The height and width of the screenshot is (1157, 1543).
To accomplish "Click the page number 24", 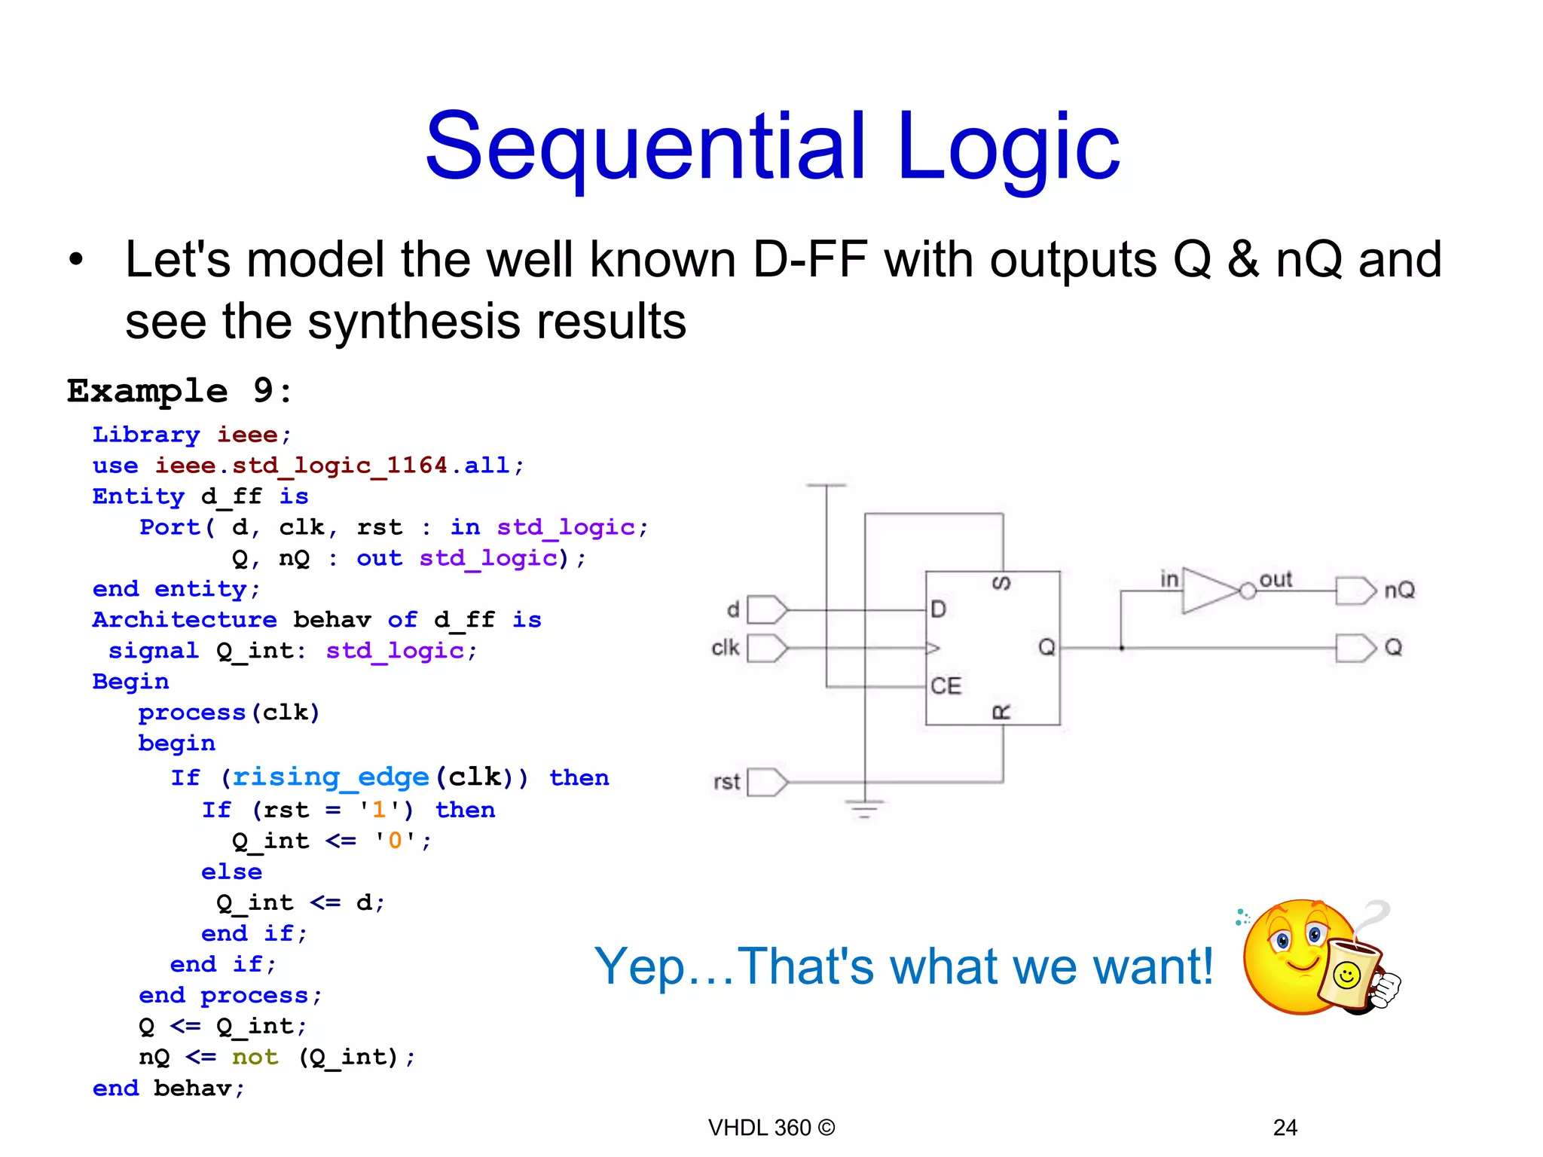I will [x=1285, y=1128].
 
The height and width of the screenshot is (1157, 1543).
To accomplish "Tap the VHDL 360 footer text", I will [x=771, y=1128].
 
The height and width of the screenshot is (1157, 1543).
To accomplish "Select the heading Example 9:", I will [x=179, y=391].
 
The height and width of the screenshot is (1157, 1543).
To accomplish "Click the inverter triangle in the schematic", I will [x=1209, y=591].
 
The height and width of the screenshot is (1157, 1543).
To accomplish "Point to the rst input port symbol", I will [x=767, y=782].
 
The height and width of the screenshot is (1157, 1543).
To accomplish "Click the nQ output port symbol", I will [x=1355, y=591].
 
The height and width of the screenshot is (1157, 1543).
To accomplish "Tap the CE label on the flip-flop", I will [x=946, y=686].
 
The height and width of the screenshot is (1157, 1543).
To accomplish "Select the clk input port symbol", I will [x=767, y=648].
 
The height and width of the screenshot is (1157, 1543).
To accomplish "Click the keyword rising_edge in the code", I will [x=330, y=777].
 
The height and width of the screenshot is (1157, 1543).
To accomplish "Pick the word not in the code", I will [x=255, y=1058].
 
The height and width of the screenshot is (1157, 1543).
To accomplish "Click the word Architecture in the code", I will [x=185, y=620].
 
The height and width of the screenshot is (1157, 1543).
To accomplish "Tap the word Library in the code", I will [x=146, y=435].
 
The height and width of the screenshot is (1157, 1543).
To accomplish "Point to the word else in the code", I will [x=231, y=872].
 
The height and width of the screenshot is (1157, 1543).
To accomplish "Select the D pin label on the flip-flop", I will [x=938, y=609].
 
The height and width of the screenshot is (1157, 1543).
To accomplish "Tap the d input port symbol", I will [x=767, y=609].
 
